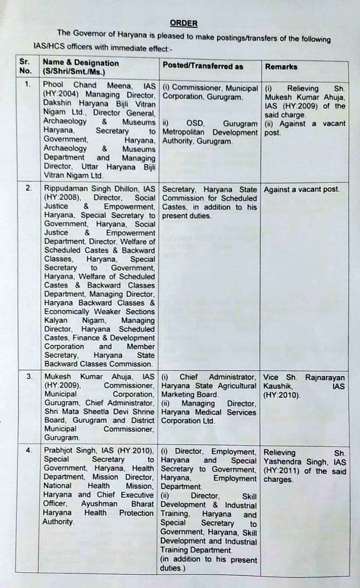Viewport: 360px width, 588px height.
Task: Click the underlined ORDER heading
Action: point(183,23)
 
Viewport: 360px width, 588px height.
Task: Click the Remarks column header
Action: point(281,67)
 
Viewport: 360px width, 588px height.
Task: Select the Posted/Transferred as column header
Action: point(202,66)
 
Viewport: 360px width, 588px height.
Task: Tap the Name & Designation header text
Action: point(81,63)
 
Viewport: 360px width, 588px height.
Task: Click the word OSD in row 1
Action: point(195,123)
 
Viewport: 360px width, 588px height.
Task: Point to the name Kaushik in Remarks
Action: point(279,386)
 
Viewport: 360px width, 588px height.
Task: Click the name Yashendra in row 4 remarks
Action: point(285,461)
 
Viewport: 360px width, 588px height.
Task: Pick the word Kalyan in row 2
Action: point(56,320)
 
